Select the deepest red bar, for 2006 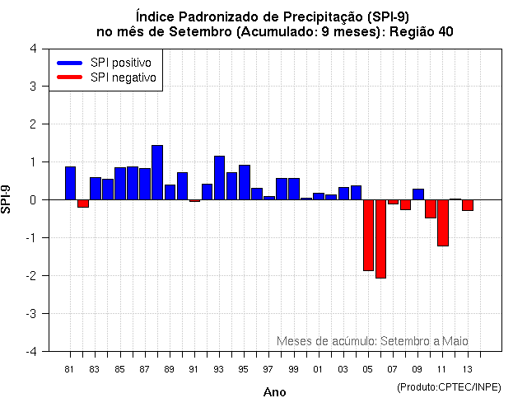point(380,239)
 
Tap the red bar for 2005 point(368,235)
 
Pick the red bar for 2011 point(443,222)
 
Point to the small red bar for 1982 point(83,204)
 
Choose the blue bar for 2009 point(418,194)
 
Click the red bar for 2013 point(468,205)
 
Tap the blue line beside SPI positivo point(69,63)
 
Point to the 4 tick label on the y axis point(32,49)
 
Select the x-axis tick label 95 point(244,368)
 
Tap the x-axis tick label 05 point(368,368)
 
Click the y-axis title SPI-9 point(7,199)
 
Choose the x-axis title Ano point(275,392)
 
